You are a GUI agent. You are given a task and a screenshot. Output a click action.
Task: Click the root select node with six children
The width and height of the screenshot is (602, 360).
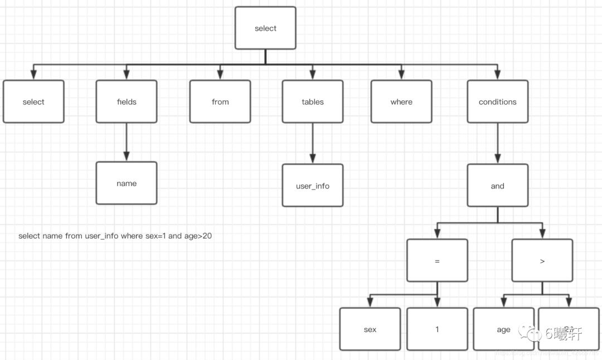pyautogui.click(x=265, y=28)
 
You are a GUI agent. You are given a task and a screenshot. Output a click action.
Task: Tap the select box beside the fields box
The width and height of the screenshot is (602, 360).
pyautogui.click(x=33, y=101)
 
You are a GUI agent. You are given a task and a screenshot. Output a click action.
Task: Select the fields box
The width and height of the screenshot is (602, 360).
pyautogui.click(x=127, y=101)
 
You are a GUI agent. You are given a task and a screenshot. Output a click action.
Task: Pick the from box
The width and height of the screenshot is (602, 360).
pyautogui.click(x=220, y=101)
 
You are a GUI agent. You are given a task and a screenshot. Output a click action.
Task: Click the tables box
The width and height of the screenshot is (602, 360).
pyautogui.click(x=313, y=101)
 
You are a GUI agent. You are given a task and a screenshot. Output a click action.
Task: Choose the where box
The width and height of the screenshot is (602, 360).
pyautogui.click(x=401, y=101)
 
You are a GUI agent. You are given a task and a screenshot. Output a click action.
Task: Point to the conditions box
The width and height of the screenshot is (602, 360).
pyautogui.click(x=497, y=101)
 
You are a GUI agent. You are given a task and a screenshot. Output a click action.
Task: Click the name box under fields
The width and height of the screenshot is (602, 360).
pyautogui.click(x=127, y=183)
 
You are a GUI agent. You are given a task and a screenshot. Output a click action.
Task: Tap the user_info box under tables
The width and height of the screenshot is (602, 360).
pyautogui.click(x=313, y=186)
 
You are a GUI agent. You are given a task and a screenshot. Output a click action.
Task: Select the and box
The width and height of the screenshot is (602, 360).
pyautogui.click(x=497, y=186)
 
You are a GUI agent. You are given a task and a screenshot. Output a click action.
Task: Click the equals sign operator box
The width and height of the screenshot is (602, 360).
pyautogui.click(x=437, y=260)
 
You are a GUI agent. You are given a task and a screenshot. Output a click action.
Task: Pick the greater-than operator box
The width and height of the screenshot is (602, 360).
pyautogui.click(x=542, y=260)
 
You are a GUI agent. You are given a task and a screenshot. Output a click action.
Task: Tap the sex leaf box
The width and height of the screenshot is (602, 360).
pyautogui.click(x=370, y=329)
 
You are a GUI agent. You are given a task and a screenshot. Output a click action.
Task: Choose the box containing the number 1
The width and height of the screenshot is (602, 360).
pyautogui.click(x=437, y=329)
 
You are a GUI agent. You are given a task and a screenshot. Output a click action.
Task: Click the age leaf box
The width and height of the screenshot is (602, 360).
pyautogui.click(x=503, y=329)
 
